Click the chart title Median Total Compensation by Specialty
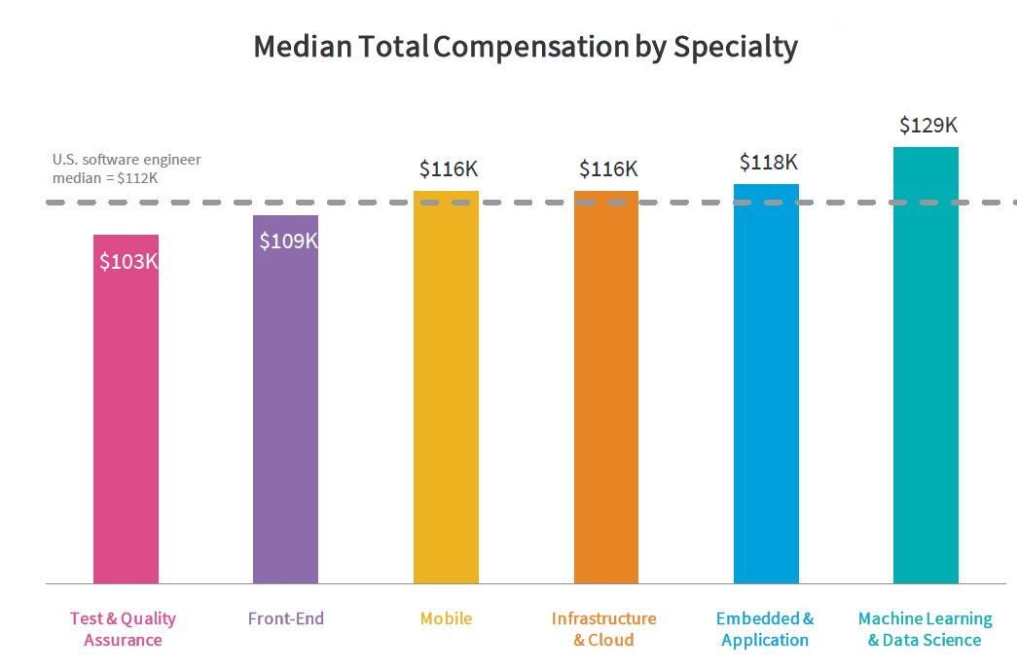[525, 47]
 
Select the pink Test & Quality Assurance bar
[126, 419]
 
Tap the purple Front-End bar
[285, 409]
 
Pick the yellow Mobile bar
[446, 390]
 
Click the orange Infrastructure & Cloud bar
[605, 390]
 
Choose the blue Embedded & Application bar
[766, 390]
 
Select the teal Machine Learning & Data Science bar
[926, 370]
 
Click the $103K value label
[128, 262]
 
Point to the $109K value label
[288, 242]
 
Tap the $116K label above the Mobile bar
[449, 169]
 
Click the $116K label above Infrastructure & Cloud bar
[608, 169]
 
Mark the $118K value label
[769, 162]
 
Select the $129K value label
[928, 126]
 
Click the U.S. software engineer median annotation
[127, 168]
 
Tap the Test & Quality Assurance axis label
[123, 629]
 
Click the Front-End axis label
[286, 618]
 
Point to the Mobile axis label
[446, 618]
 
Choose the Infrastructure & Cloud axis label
[603, 629]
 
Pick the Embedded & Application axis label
[765, 629]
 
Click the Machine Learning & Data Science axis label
[925, 629]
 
